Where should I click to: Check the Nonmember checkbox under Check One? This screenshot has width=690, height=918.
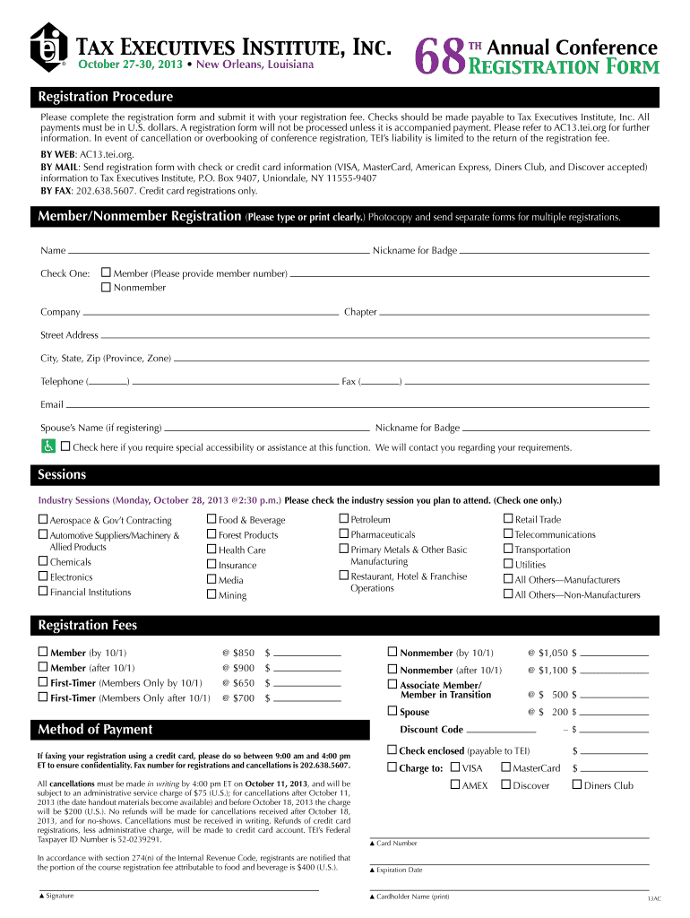coord(106,288)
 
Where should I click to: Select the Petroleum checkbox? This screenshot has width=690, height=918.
coord(343,519)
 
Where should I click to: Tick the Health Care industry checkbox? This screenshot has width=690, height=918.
coord(211,550)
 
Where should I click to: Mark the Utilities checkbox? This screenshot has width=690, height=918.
coord(508,565)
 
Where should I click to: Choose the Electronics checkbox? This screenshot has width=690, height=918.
coord(43,576)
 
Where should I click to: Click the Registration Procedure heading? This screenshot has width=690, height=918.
coord(104,97)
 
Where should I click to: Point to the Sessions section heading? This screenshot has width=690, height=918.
coord(61,474)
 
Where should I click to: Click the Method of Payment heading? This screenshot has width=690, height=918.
coord(94,730)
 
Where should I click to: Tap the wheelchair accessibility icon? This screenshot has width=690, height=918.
coord(47,446)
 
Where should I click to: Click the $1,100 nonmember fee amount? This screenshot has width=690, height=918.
coord(550,670)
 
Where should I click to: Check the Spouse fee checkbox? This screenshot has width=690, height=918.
coord(392,711)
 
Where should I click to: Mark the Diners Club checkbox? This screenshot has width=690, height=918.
coord(577,785)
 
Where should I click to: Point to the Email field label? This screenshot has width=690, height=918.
coord(52,404)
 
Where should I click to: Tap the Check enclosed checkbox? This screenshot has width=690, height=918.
coord(392,749)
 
